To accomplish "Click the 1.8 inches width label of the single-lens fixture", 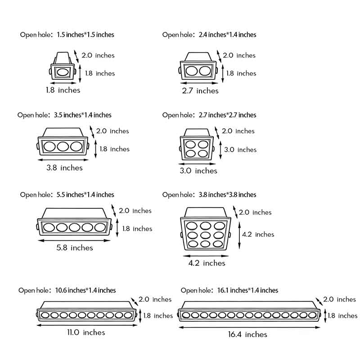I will click(x=63, y=90).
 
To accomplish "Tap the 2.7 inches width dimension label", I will click(x=200, y=91).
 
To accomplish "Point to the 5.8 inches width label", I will click(x=75, y=247).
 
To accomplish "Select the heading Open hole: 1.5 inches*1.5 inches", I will click(x=67, y=35).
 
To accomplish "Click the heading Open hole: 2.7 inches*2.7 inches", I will click(x=209, y=115).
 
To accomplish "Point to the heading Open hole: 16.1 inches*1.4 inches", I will click(x=229, y=290).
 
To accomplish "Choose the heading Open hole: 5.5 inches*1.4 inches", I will click(x=67, y=195).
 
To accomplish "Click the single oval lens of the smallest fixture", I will click(x=62, y=72).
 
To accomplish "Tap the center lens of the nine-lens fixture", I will click(x=207, y=234).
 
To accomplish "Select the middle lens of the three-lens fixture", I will click(x=63, y=147).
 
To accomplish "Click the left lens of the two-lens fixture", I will click(x=192, y=71).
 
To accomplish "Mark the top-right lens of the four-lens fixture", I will click(x=203, y=144).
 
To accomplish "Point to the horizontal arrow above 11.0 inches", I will click(x=85, y=324).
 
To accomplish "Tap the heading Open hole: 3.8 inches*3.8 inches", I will click(x=209, y=195).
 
